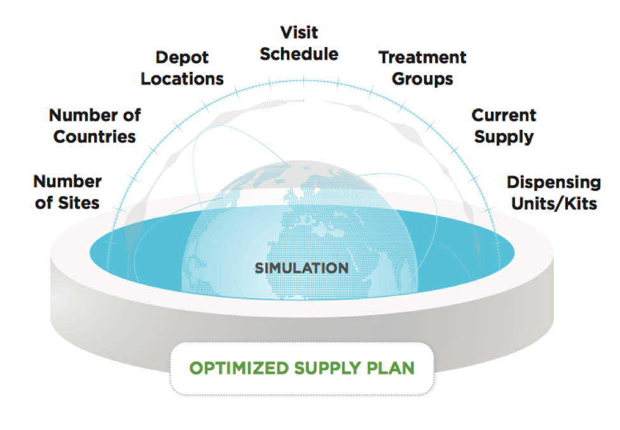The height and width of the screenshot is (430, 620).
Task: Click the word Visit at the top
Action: pyautogui.click(x=299, y=32)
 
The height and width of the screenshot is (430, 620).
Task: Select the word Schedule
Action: pyautogui.click(x=299, y=54)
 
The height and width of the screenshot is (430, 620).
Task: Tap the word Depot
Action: pyautogui.click(x=182, y=58)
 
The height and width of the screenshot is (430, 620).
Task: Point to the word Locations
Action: pyautogui.click(x=182, y=79)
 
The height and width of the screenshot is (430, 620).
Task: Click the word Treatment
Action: pyautogui.click(x=422, y=58)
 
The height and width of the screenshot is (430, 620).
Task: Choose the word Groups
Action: pyautogui.click(x=422, y=79)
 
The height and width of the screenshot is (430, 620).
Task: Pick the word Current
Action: pyautogui.click(x=504, y=116)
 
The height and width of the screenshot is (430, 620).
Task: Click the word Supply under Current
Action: pyautogui.click(x=504, y=137)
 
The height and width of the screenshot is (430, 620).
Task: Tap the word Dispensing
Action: pyautogui.click(x=554, y=183)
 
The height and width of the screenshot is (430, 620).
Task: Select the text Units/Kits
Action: pyautogui.click(x=554, y=204)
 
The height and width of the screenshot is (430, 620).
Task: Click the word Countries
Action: pyautogui.click(x=95, y=137)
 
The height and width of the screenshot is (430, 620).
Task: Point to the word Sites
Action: pyautogui.click(x=79, y=203)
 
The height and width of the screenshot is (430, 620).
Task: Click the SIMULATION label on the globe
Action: pyautogui.click(x=301, y=268)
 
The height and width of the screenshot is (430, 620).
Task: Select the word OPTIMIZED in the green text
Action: pyautogui.click(x=239, y=368)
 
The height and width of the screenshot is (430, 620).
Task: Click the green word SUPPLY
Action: pyautogui.click(x=327, y=368)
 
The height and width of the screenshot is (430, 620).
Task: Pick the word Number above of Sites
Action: pyautogui.click(x=67, y=181)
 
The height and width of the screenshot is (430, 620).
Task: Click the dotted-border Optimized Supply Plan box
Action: pyautogui.click(x=302, y=368)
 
